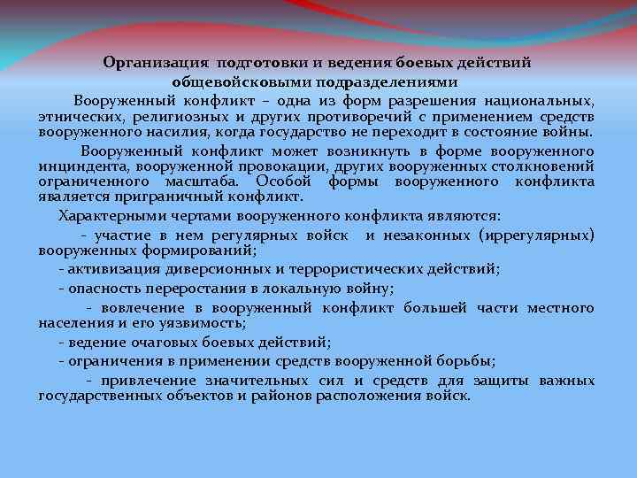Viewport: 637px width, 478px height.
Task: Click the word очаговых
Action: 154,342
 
